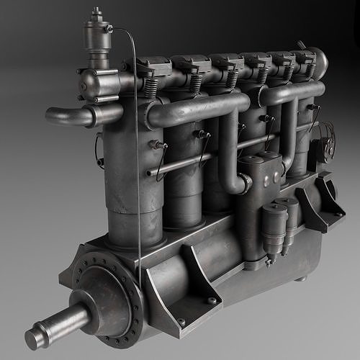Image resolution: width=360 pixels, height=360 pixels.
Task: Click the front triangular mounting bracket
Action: [191, 276]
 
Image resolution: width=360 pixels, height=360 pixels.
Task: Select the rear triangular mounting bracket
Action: [317, 202]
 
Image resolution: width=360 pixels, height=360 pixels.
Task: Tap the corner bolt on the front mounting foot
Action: [212, 301]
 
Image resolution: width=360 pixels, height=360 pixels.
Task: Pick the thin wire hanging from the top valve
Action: [138, 144]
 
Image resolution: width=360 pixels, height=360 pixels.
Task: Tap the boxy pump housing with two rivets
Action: [263, 176]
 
